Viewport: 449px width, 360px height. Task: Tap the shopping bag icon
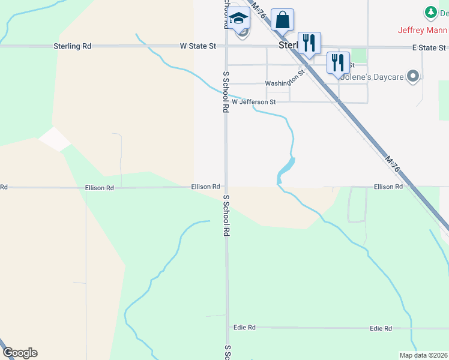tap(282, 20)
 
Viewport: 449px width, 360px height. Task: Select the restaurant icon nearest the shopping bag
tap(309, 43)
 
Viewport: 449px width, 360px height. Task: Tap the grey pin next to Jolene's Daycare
tap(412, 76)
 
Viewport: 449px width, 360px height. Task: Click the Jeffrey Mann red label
tap(423, 30)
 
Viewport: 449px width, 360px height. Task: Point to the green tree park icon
tap(430, 12)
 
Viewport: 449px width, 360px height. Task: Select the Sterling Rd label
tap(72, 46)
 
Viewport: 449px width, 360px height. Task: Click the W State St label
tap(197, 46)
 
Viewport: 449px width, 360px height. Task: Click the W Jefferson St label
tap(253, 102)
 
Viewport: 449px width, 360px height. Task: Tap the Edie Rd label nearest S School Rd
tap(244, 328)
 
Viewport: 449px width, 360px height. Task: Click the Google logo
tap(20, 353)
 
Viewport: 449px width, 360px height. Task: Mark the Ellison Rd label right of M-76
tap(388, 187)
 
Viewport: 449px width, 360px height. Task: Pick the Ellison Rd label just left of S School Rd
tap(205, 187)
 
